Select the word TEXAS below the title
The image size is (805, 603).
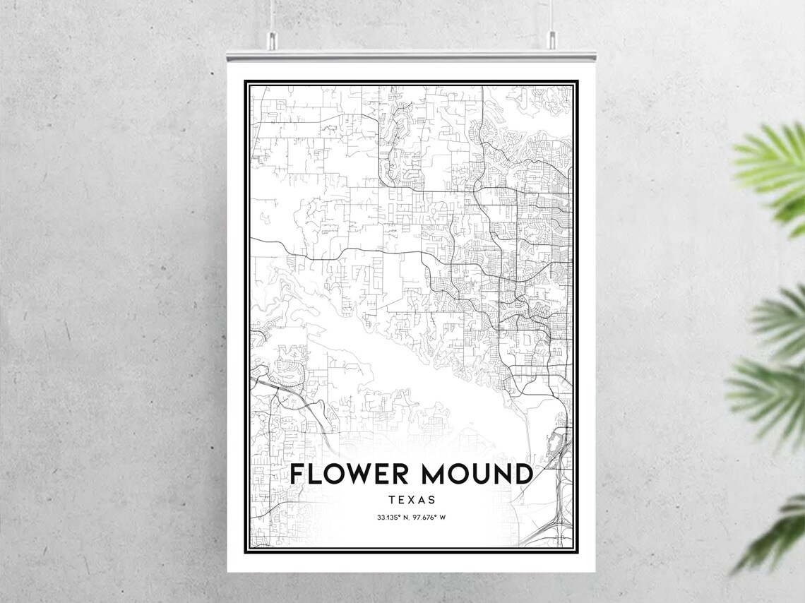[411, 500]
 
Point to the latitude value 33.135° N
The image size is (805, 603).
[393, 518]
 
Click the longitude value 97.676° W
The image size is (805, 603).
[431, 518]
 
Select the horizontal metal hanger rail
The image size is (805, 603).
[411, 54]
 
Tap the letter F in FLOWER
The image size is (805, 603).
[298, 474]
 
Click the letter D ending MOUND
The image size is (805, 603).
[522, 474]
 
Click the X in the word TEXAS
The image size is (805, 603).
[412, 500]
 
